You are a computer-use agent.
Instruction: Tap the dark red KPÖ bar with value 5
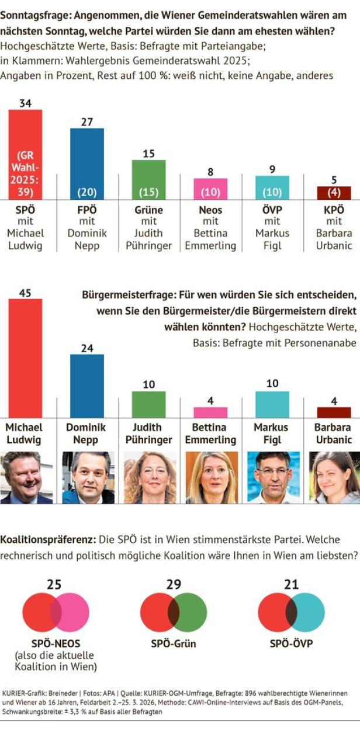(x=334, y=193)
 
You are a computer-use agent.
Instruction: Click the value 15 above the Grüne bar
(x=148, y=154)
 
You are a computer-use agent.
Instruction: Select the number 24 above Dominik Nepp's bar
(x=87, y=348)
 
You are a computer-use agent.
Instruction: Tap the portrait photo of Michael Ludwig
(x=26, y=477)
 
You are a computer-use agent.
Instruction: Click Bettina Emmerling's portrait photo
(x=211, y=477)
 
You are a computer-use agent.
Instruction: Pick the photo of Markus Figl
(x=273, y=477)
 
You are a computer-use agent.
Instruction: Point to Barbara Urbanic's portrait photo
(x=334, y=477)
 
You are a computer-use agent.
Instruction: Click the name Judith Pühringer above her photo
(x=149, y=433)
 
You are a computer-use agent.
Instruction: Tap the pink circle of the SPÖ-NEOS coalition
(x=74, y=611)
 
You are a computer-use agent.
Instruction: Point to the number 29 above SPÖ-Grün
(x=173, y=584)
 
